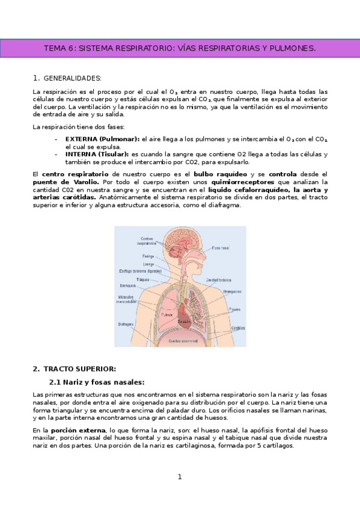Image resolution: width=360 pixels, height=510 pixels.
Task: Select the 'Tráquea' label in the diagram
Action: pos(142,279)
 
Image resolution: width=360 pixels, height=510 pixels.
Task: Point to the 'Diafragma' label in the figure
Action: pos(126,323)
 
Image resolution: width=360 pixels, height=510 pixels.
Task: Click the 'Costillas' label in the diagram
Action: pos(238,328)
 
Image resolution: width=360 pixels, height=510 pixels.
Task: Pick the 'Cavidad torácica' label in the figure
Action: pos(219,280)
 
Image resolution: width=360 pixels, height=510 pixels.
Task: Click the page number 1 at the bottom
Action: pos(179,477)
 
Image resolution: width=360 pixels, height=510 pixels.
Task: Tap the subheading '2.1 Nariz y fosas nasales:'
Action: pos(96,382)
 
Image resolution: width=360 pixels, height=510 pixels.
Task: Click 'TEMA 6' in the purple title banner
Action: pos(59,48)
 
